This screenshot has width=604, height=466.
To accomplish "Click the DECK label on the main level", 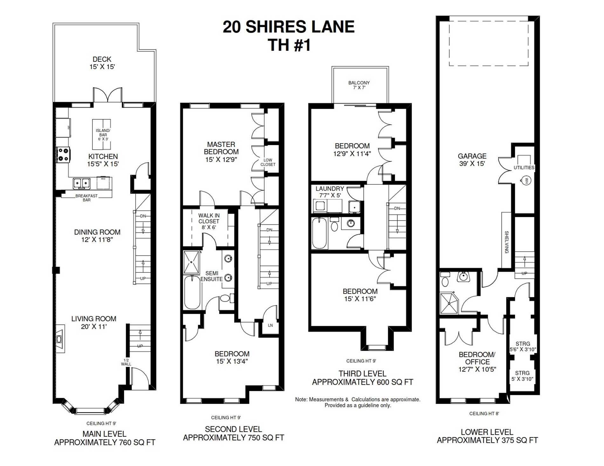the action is pos(102,59).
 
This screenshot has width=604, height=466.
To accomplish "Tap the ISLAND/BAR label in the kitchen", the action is pos(103,133).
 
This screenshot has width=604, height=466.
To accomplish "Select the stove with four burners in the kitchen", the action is pos(63,155).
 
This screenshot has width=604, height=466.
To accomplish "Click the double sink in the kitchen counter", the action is pos(82,183).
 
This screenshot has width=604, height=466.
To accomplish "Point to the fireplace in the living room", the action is pos(60,339).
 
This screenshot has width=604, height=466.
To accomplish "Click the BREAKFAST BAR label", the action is pos(86,198).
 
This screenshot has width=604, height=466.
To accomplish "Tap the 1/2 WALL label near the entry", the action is pos(126,362).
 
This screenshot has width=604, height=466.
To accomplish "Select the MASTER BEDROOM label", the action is pos(221,148).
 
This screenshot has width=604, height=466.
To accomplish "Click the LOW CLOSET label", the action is pos(268,162).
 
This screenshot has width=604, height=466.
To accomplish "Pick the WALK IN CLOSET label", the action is pos(209,218).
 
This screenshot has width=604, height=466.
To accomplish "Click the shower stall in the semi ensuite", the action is pos(192,262).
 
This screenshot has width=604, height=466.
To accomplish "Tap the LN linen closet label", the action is pos(270,325).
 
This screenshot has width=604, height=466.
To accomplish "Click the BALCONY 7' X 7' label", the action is pos(359,85).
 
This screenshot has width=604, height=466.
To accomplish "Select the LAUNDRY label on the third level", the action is pos(330,189).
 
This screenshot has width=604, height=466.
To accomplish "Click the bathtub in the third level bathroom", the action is pos(319,233).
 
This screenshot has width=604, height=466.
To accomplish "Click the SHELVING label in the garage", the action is pos(506,242).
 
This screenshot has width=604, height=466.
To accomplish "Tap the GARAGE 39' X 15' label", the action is pos(472,160).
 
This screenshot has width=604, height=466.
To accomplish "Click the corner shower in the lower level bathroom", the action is pos(449,303).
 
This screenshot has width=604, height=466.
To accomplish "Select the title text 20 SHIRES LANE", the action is pos(289,27).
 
